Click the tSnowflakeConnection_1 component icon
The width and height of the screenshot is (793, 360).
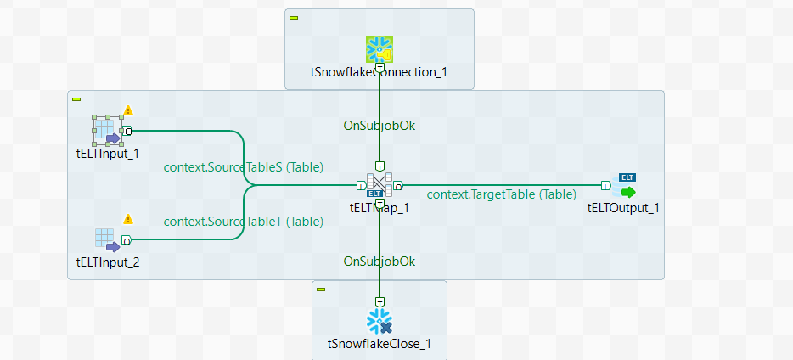379,48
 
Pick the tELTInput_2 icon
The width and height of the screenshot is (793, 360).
106,239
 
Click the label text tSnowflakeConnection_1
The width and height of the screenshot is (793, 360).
379,72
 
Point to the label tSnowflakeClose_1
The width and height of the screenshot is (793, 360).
379,344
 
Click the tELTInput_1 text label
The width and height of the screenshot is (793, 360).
107,154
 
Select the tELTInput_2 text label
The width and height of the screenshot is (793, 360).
107,262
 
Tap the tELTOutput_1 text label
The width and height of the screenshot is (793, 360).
622,207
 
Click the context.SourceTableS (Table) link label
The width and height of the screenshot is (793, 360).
243,166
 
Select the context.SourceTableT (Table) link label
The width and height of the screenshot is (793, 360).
243,222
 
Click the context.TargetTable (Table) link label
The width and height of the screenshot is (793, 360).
501,194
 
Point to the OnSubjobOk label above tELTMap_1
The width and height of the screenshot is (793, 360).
379,126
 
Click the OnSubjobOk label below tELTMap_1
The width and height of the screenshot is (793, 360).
379,261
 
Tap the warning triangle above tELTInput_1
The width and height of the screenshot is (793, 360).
128,110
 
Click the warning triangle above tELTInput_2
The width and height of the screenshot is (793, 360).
128,219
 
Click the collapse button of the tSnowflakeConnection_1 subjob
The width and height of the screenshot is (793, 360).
294,17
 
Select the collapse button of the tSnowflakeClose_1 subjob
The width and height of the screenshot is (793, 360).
321,290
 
